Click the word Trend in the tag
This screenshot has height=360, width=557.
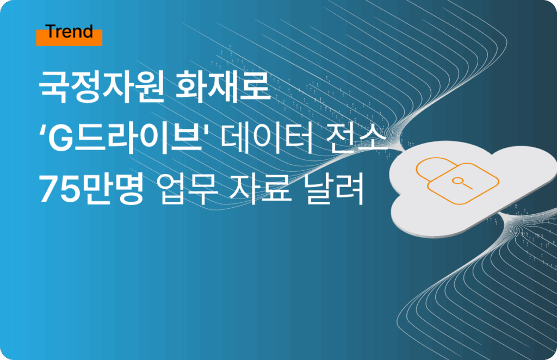coord(69,32)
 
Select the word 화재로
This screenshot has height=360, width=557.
coord(223,87)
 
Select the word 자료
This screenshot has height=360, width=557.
coord(261,189)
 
